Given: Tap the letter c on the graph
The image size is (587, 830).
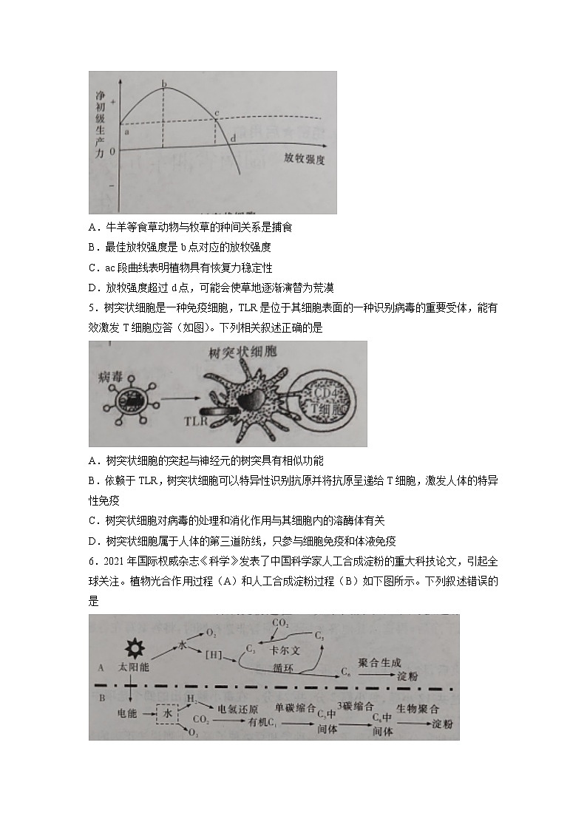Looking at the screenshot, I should pos(216,113).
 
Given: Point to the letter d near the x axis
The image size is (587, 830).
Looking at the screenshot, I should pos(234,138).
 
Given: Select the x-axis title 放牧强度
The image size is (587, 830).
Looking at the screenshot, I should pos(304,159).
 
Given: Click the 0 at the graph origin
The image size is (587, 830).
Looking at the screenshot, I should pos(112,152).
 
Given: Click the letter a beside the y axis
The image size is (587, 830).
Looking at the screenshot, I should pos(126,131).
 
